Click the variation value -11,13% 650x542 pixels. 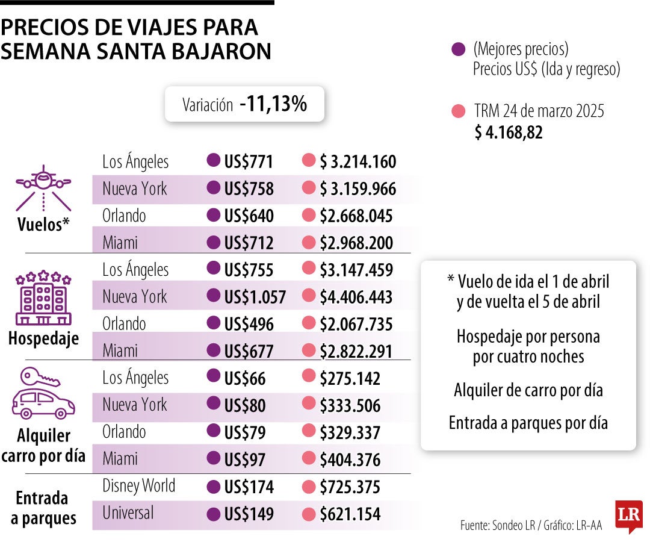pyautogui.click(x=273, y=104)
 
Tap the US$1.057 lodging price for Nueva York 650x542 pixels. pyautogui.click(x=255, y=296)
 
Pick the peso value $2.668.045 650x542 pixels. pyautogui.click(x=356, y=216)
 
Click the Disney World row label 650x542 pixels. pyautogui.click(x=138, y=485)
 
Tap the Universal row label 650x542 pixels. pyautogui.click(x=128, y=512)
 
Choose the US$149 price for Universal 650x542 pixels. pyautogui.click(x=249, y=514)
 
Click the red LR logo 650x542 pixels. pyautogui.click(x=628, y=516)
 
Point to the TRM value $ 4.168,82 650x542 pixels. pyautogui.click(x=509, y=132)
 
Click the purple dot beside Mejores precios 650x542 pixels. pyautogui.click(x=458, y=49)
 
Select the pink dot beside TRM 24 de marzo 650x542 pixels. pyautogui.click(x=458, y=112)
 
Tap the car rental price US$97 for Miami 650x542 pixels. pyautogui.click(x=244, y=459)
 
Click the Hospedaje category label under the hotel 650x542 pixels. pyautogui.click(x=43, y=338)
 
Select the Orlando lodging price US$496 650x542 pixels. pyautogui.click(x=249, y=324)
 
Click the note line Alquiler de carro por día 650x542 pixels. pyautogui.click(x=528, y=390)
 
